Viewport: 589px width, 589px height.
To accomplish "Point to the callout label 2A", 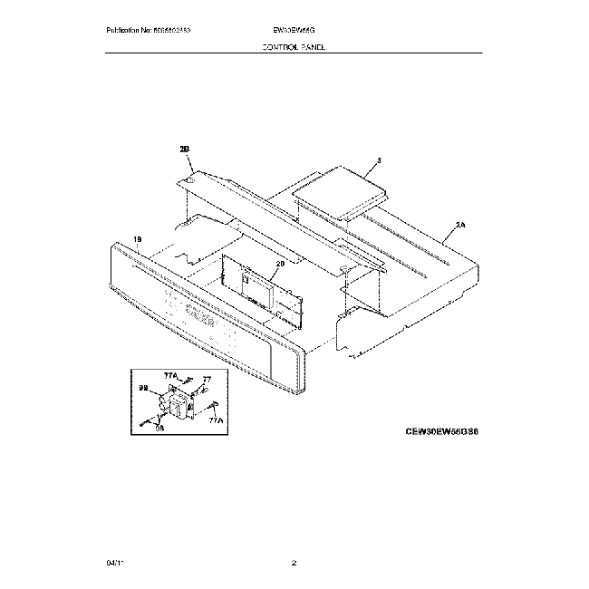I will [x=459, y=226].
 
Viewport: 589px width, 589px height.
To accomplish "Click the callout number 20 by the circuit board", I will [x=280, y=263].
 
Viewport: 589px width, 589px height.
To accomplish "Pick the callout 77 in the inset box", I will [x=207, y=379].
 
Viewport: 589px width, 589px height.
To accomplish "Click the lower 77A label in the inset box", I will [x=215, y=421].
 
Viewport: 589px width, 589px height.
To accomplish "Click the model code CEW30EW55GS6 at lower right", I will [x=441, y=433].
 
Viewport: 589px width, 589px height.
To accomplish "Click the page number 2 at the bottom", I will [x=294, y=564].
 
